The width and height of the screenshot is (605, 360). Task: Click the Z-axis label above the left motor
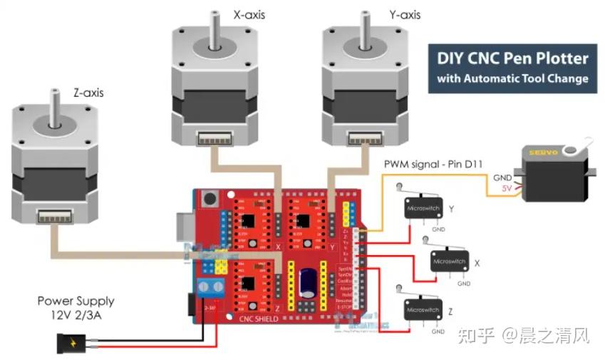tap(88, 93)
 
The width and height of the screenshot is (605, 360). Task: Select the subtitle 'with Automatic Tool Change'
tap(512, 78)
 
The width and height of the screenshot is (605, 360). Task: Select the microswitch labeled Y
tap(423, 209)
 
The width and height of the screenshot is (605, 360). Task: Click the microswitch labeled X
tap(449, 262)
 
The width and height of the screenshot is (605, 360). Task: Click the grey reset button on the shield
tap(210, 199)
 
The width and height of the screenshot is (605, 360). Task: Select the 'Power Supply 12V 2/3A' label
tap(76, 308)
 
